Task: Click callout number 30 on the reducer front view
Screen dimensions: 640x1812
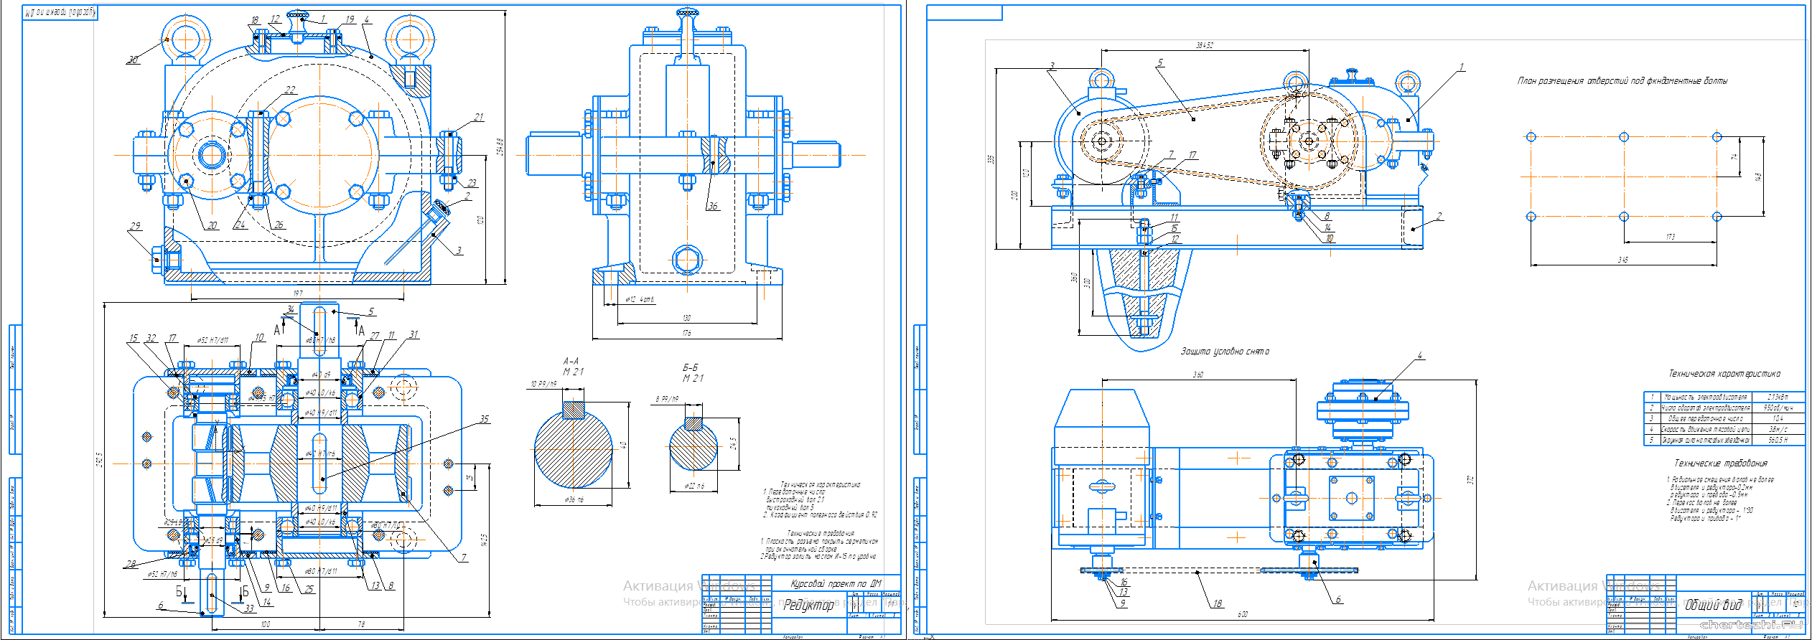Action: pos(133,60)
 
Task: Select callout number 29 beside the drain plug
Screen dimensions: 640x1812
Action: pos(135,226)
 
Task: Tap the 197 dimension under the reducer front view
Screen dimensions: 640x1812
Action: pos(298,293)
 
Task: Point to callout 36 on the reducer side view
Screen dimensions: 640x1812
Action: pos(712,206)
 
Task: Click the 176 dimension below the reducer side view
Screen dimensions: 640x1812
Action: pos(687,333)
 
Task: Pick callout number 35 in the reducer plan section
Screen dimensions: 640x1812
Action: pos(484,419)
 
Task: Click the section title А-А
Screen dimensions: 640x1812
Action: pos(571,361)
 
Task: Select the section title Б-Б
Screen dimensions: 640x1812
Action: pos(690,367)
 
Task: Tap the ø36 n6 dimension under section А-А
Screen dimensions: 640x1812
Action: pos(574,499)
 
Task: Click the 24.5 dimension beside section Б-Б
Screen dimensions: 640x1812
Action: pos(733,443)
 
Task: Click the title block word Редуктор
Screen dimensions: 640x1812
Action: pos(808,606)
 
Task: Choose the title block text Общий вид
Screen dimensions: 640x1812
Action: pos(1713,606)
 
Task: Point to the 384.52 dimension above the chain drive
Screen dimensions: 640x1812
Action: pos(1205,45)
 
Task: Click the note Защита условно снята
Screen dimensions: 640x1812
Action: pos(1225,352)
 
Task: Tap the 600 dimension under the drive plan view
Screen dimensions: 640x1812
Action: pos(1243,614)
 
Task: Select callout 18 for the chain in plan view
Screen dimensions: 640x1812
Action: pos(1218,603)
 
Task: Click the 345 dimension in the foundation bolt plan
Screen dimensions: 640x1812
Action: pos(1622,260)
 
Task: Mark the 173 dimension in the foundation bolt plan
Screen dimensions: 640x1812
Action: pos(1670,237)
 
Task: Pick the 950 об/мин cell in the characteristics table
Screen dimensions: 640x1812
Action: pos(1778,408)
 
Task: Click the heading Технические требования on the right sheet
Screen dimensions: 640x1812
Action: pos(1721,463)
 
